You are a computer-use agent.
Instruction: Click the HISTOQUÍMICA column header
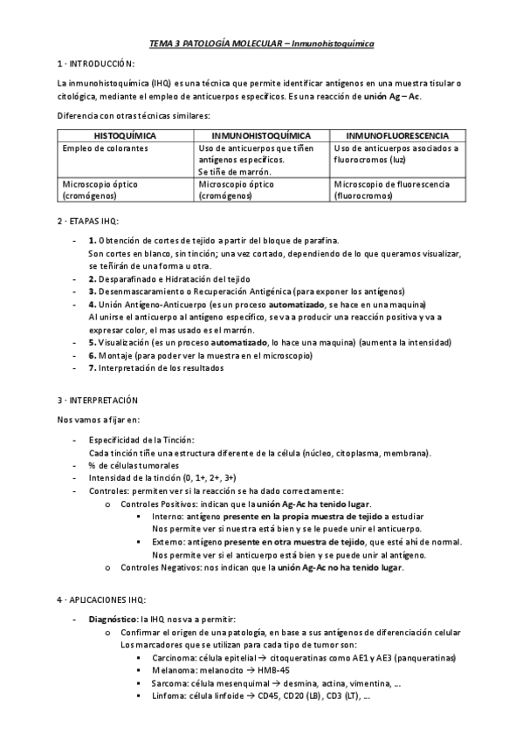coord(125,136)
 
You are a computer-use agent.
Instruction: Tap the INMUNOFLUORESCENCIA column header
coord(397,136)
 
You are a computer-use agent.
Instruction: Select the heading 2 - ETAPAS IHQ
coord(87,222)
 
